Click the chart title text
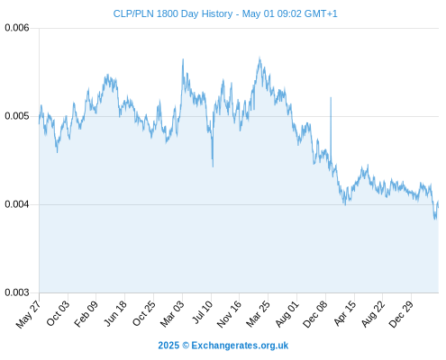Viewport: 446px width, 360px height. point(225,13)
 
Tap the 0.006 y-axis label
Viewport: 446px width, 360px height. point(17,28)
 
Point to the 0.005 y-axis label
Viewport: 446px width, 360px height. point(17,116)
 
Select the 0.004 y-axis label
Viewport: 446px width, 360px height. point(17,204)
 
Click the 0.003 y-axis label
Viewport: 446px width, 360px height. point(17,292)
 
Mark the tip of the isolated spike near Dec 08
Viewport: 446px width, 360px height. point(331,97)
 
